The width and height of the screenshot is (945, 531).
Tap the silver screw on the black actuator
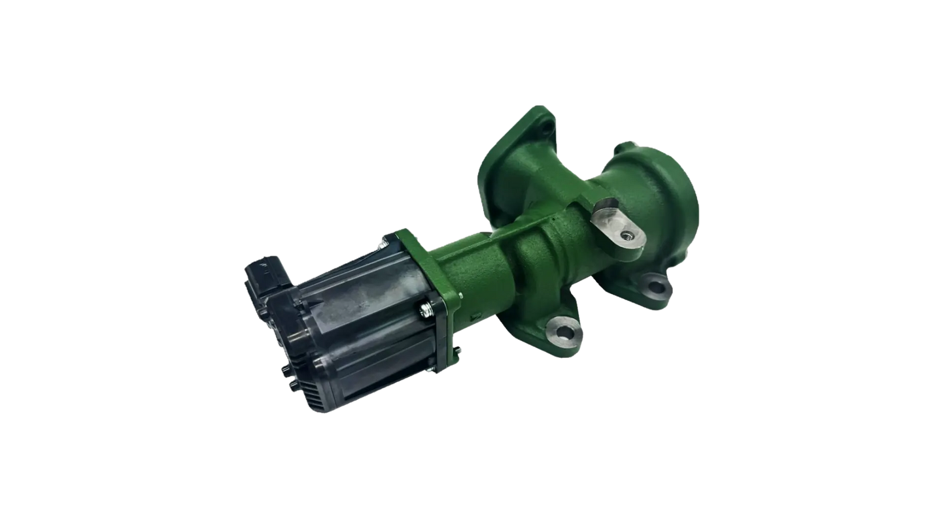point(427,306)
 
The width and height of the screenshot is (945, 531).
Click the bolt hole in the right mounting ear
point(654,285)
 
